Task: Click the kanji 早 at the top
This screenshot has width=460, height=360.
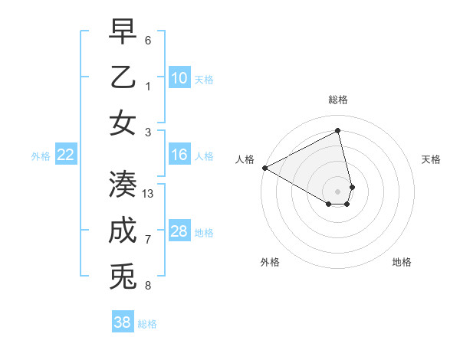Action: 123,32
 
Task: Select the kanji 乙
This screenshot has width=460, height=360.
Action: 123,77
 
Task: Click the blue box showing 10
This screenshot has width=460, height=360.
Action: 179,77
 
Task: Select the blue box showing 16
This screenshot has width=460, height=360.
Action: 179,155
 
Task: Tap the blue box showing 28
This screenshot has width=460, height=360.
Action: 179,231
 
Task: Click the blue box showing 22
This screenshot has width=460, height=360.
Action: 66,155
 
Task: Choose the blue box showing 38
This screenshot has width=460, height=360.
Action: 123,322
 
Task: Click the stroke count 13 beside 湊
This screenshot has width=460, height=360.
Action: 148,194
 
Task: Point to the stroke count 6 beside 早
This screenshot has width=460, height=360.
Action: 148,39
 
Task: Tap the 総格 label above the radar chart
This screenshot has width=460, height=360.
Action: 338,100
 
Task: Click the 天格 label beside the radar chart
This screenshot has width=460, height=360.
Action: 432,159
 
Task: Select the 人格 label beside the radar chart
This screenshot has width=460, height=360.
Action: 245,159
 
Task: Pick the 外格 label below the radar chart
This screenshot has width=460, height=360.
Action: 270,262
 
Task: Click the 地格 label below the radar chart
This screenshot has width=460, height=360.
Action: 402,262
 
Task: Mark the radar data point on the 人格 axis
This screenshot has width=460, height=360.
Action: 264,167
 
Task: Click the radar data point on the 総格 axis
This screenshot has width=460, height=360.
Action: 338,131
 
